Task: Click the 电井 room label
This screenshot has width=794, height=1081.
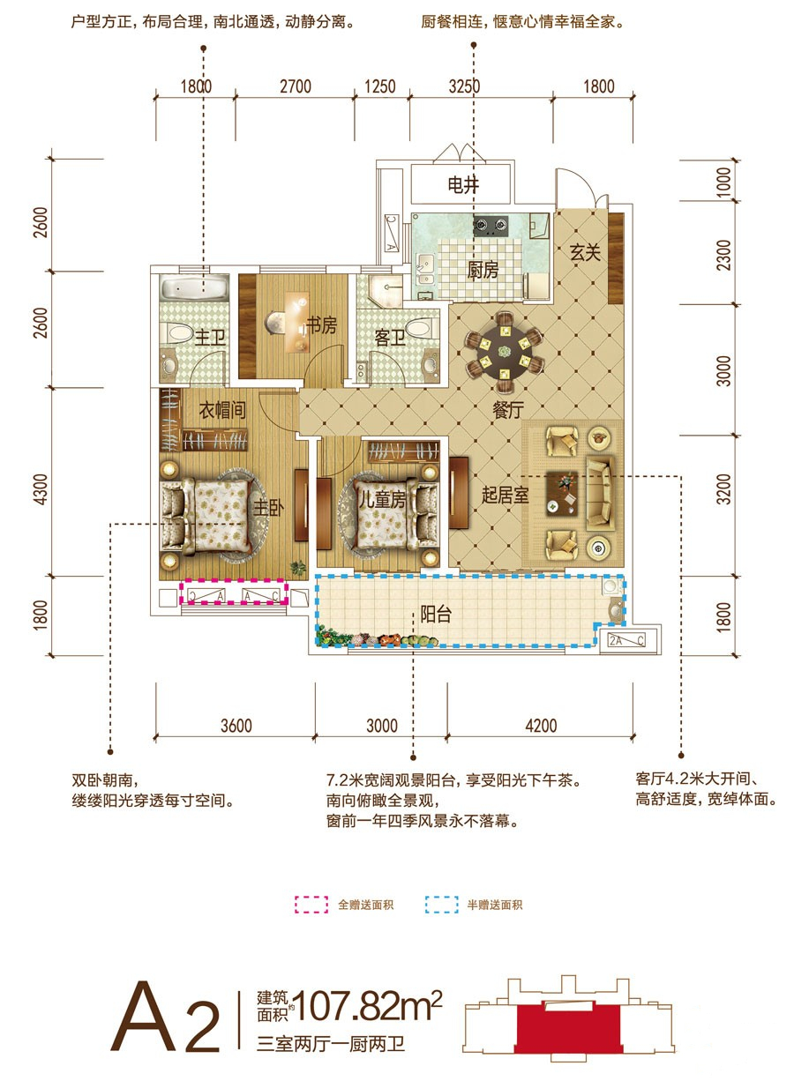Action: point(463,185)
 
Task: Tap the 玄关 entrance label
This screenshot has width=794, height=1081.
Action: point(585,252)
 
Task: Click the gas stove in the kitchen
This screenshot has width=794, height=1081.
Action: point(491,225)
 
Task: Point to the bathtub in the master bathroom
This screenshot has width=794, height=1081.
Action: point(195,287)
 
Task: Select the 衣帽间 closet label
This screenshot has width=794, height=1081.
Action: point(222,410)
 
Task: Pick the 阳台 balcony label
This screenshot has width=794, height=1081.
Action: point(436,614)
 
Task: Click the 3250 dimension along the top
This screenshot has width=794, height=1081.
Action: point(464,87)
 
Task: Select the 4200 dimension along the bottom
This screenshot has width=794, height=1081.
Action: point(541,726)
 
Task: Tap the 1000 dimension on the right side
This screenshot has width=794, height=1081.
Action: point(723,183)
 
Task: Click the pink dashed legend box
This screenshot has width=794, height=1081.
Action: point(311,905)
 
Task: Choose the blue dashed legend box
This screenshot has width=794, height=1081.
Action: point(441,905)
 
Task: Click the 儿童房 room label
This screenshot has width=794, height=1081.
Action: point(382,499)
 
